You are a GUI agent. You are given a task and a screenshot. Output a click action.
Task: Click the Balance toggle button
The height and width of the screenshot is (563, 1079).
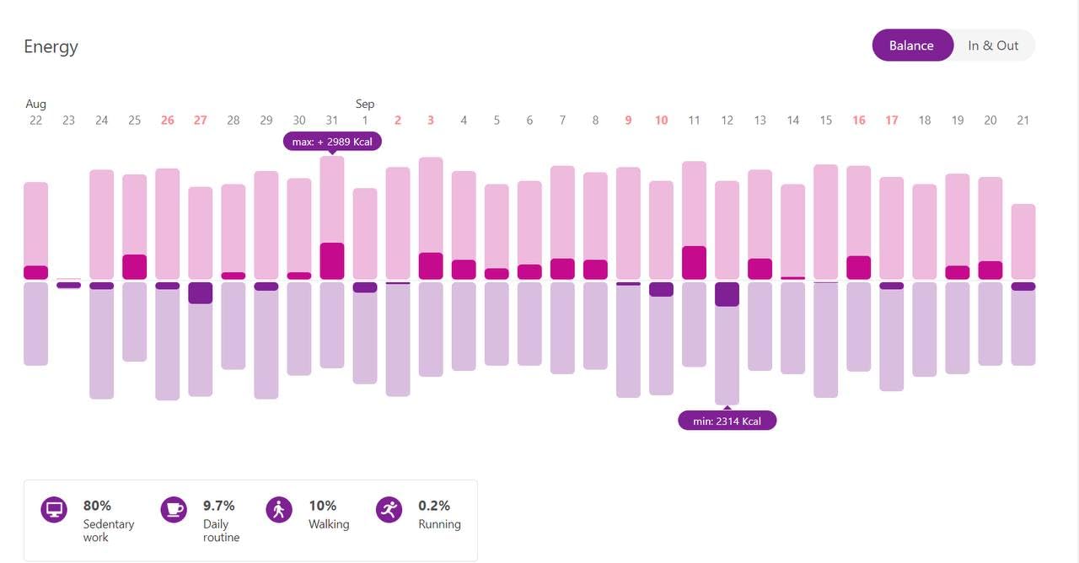tap(911, 46)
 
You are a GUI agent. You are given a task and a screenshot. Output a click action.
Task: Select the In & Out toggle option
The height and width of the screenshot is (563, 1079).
tap(993, 46)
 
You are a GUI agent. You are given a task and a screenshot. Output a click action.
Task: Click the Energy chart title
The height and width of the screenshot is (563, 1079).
tap(51, 46)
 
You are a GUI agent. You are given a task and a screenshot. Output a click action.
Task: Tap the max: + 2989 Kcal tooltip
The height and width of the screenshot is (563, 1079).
tap(332, 142)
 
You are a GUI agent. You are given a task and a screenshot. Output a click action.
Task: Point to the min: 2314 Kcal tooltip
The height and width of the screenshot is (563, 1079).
tap(727, 421)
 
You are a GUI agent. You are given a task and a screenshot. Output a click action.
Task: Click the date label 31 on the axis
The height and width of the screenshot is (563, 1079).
tap(332, 121)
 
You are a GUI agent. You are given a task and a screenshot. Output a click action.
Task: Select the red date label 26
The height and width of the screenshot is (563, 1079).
tap(167, 121)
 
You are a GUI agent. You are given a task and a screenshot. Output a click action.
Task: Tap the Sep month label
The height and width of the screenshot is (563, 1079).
tap(365, 104)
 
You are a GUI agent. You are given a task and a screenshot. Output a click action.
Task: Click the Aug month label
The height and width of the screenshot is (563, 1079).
tap(35, 104)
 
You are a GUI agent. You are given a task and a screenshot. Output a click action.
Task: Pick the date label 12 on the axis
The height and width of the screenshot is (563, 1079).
tap(727, 121)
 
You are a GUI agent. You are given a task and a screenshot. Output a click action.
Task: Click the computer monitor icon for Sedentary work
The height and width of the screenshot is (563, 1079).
tap(54, 510)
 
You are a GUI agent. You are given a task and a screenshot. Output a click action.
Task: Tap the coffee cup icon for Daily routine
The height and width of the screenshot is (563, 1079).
tap(174, 510)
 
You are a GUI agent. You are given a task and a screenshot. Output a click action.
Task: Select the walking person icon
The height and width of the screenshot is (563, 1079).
tap(279, 510)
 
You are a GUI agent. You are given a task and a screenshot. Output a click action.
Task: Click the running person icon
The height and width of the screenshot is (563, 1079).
tap(389, 510)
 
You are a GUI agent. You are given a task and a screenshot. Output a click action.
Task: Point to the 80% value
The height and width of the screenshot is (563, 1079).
tap(97, 506)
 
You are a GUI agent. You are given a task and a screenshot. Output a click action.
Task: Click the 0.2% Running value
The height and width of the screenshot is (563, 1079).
tap(433, 506)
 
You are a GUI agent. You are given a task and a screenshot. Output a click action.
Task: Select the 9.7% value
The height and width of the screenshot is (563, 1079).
tap(219, 506)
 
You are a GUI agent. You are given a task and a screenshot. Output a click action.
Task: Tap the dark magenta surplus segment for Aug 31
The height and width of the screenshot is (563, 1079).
tap(332, 261)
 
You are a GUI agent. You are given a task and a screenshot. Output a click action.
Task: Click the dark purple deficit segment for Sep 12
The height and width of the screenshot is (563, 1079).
tap(727, 294)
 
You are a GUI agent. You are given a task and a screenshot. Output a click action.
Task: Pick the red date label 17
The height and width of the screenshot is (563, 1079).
tap(891, 121)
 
